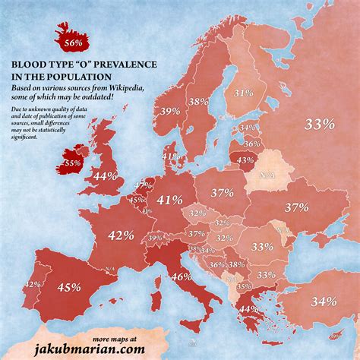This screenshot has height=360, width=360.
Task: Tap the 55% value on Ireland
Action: tap(71, 163)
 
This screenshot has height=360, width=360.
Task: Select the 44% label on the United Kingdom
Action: tap(104, 176)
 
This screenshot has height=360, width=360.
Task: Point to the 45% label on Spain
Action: tap(69, 287)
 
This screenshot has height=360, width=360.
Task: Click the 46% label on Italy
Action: tap(181, 277)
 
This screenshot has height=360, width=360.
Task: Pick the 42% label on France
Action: tap(121, 235)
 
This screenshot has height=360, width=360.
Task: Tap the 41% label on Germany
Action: tap(169, 201)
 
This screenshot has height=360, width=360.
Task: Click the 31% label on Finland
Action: tap(243, 93)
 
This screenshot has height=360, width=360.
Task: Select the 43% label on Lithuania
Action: tap(245, 160)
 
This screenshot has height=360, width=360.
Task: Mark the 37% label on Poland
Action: tap(222, 193)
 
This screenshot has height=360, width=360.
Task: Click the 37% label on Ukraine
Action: tap(296, 207)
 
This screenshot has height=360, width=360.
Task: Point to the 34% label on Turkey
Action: tap(323, 302)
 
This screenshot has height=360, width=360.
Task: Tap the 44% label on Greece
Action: tap(248, 309)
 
